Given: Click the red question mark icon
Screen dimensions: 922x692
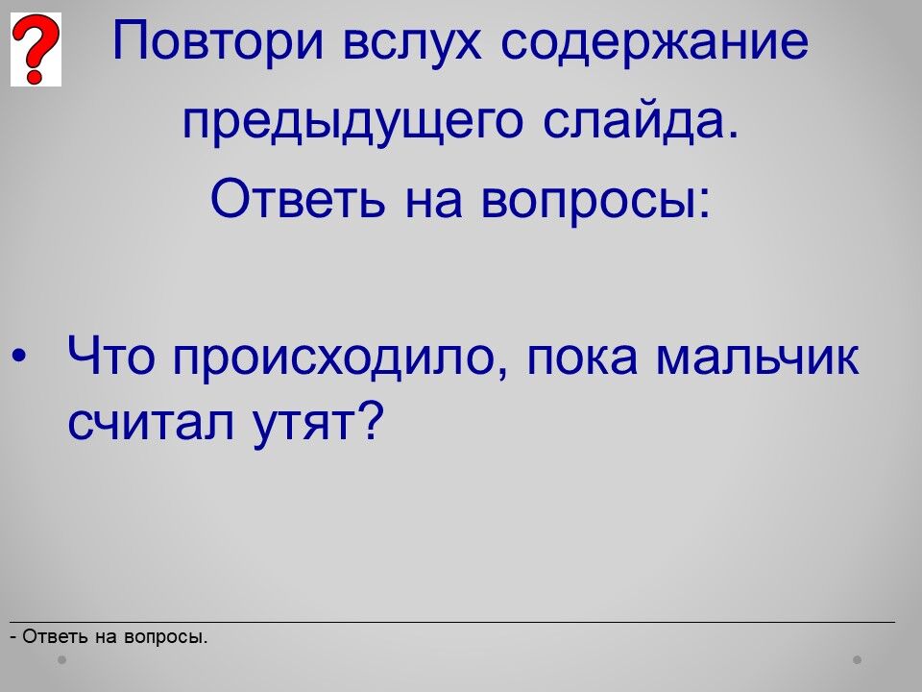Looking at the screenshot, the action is (x=36, y=49).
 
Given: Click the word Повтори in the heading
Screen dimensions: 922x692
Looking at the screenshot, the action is (x=218, y=41).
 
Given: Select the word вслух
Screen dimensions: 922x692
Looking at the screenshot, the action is (x=412, y=41).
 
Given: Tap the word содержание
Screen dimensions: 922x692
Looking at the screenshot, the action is (x=654, y=41).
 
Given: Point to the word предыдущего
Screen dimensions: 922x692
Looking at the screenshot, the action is (x=352, y=122).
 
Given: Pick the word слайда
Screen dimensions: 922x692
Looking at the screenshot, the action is (x=641, y=121).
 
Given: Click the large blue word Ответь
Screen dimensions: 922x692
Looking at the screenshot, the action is (x=298, y=199).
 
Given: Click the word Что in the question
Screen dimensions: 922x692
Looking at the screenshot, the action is (x=111, y=356).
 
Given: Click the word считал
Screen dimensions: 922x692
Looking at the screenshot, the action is (x=152, y=422).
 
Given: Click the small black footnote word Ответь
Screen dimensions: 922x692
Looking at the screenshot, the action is (x=56, y=636).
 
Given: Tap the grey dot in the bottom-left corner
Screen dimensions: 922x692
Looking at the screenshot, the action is (x=61, y=660).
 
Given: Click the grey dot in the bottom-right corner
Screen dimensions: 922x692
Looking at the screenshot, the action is (x=858, y=660).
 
